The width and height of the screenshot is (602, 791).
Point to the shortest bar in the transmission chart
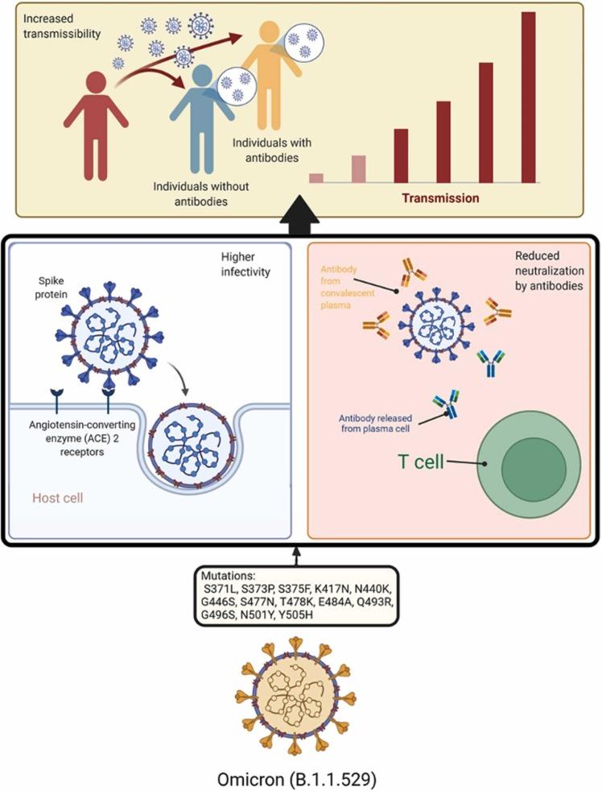coord(316,178)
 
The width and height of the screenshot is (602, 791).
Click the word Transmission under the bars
coord(442,197)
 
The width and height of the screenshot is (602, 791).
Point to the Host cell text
coord(57,498)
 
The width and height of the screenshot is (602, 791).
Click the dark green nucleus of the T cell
coord(534,466)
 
